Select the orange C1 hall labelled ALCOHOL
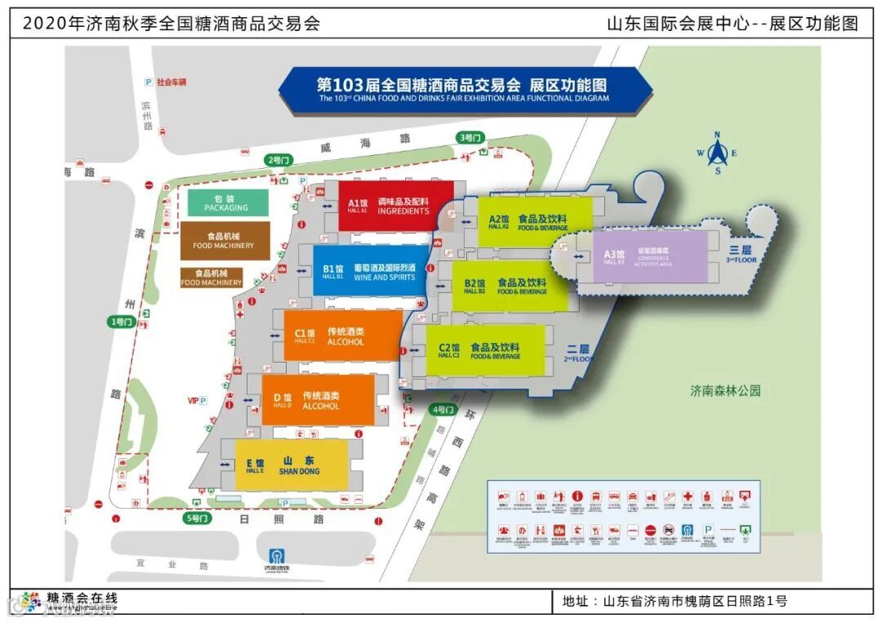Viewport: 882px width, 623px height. tap(343, 336)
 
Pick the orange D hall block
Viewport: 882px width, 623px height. tap(318, 400)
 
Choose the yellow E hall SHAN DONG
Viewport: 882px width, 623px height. tap(291, 465)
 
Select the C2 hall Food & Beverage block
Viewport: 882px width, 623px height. tap(485, 351)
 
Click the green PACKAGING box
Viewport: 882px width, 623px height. tap(228, 202)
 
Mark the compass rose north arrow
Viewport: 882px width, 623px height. tap(717, 153)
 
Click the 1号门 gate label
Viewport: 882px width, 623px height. tap(120, 322)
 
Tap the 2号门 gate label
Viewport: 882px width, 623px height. tap(278, 160)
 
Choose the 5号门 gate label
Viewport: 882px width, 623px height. tap(198, 518)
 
